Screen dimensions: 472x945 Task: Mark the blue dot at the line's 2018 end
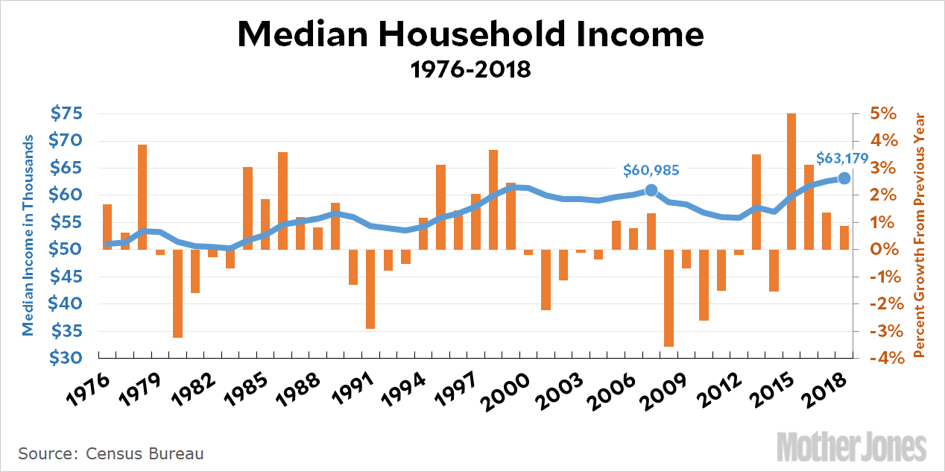[844, 178]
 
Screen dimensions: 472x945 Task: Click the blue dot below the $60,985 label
[651, 190]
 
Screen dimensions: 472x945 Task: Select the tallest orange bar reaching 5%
[791, 181]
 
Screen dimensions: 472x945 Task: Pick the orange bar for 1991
[370, 289]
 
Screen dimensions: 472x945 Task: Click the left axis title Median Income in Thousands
[28, 236]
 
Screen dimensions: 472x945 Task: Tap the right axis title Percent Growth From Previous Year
[919, 234]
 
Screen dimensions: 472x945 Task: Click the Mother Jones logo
[852, 447]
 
